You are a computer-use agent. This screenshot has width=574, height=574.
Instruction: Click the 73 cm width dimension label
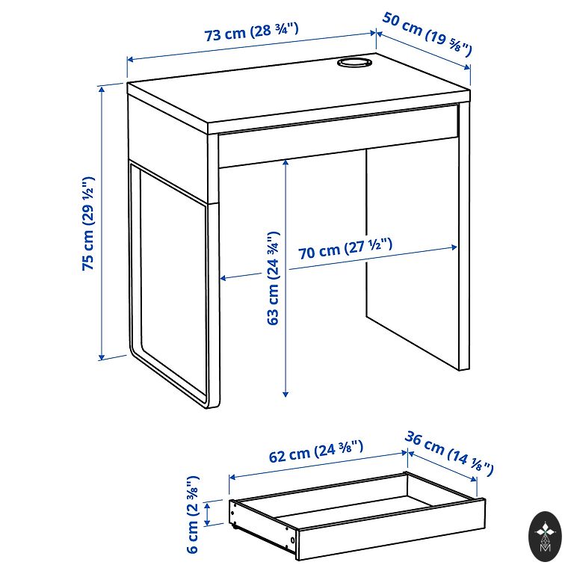[x=251, y=32]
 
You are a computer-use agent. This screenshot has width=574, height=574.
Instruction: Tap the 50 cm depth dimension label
[x=428, y=34]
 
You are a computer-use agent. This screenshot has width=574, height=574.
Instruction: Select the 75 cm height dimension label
[x=88, y=223]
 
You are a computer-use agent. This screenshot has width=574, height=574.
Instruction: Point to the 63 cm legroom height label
[x=274, y=278]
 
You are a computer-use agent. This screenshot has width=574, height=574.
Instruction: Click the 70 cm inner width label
[x=345, y=248]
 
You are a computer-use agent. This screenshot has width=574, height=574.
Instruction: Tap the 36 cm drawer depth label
[x=449, y=454]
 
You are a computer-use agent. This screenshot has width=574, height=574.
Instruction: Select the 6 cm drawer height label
[x=193, y=515]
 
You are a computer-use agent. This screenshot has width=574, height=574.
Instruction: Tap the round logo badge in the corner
[x=545, y=537]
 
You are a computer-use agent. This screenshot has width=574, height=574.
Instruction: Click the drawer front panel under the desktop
[x=339, y=136]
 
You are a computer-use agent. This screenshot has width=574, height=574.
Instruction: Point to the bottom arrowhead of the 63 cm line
[x=286, y=394]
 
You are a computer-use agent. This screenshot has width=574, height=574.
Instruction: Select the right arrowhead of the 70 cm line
[x=454, y=247]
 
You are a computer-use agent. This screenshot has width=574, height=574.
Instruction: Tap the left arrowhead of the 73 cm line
[x=130, y=59]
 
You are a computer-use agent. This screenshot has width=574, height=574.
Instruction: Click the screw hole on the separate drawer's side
[x=292, y=540]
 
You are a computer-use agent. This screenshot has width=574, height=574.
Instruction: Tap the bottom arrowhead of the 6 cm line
[x=208, y=522]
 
